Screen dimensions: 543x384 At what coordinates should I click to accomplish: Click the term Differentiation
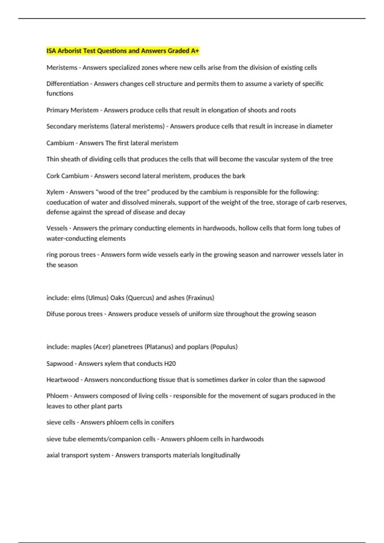68,84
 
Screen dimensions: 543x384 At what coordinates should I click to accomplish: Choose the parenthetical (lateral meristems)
137,126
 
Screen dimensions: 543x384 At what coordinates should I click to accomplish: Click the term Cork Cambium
68,176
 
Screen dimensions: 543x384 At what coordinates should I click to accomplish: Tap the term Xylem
55,192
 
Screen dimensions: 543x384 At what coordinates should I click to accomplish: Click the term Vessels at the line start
57,228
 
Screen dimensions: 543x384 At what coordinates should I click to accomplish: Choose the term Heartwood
62,380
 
